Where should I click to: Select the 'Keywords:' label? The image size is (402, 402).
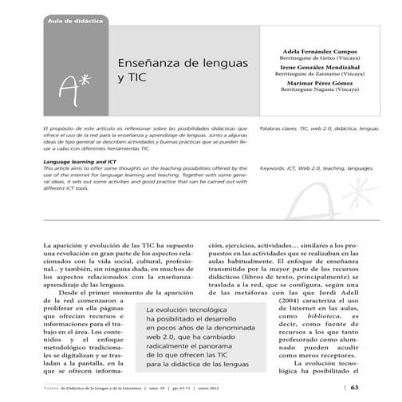click(278, 169)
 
